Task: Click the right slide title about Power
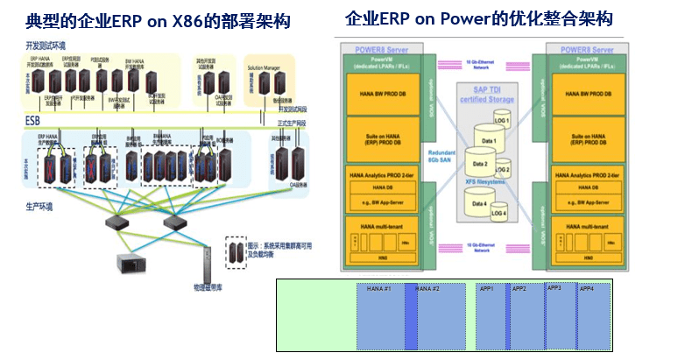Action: [479, 19]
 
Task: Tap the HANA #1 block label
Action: [380, 289]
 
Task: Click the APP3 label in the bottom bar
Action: [555, 287]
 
